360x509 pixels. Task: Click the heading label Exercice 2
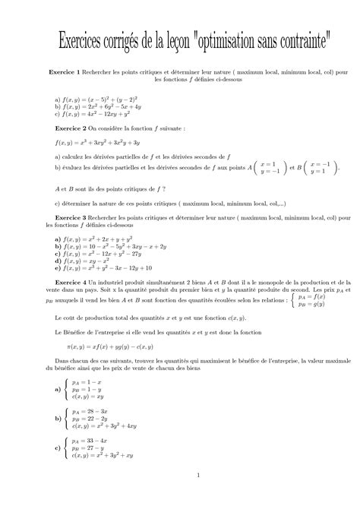click(x=65, y=130)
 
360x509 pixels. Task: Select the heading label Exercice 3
click(x=70, y=217)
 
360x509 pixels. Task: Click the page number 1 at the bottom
click(x=197, y=476)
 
